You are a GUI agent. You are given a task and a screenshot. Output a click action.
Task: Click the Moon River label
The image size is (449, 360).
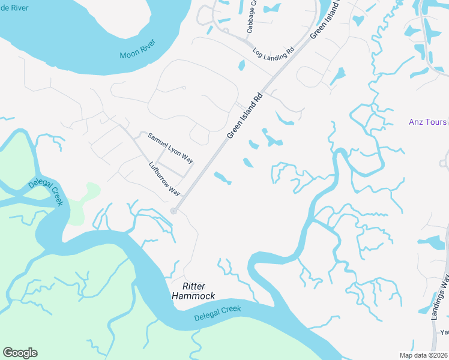[138, 50]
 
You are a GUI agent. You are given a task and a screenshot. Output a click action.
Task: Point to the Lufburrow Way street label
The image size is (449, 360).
[164, 178]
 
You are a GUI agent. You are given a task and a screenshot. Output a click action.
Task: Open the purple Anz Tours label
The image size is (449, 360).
[427, 122]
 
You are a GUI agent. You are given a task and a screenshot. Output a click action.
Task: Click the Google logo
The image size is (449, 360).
[20, 353]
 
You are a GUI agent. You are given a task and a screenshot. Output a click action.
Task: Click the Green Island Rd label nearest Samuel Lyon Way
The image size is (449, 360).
[246, 115]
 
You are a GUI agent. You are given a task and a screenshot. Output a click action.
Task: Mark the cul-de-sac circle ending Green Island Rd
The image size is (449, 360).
[173, 211]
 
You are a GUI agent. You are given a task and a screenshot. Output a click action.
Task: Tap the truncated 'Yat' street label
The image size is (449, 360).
[444, 332]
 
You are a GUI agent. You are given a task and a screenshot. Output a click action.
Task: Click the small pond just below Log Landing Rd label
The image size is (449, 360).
[241, 65]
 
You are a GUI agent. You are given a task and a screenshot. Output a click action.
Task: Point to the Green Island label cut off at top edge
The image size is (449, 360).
[325, 19]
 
